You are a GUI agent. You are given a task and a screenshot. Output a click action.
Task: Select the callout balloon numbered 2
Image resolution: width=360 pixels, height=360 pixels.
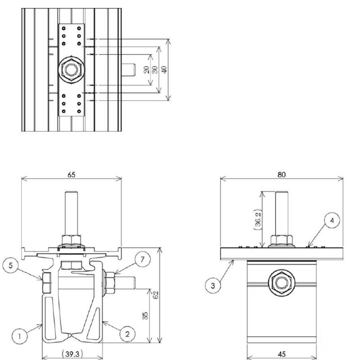pyautogui.click(x=127, y=333)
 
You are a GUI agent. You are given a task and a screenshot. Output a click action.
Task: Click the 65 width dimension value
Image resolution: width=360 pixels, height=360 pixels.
pyautogui.click(x=72, y=175)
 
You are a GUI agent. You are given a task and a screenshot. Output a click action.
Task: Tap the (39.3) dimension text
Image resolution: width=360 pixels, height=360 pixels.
pyautogui.click(x=72, y=354)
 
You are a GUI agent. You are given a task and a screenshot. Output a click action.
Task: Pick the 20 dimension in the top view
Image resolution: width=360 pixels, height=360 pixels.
pyautogui.click(x=146, y=70)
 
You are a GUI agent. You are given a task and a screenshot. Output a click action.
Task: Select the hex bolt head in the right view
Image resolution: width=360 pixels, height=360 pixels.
pyautogui.click(x=281, y=283)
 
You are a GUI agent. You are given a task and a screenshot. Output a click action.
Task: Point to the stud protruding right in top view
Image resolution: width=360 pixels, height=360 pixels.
pyautogui.click(x=129, y=70)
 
